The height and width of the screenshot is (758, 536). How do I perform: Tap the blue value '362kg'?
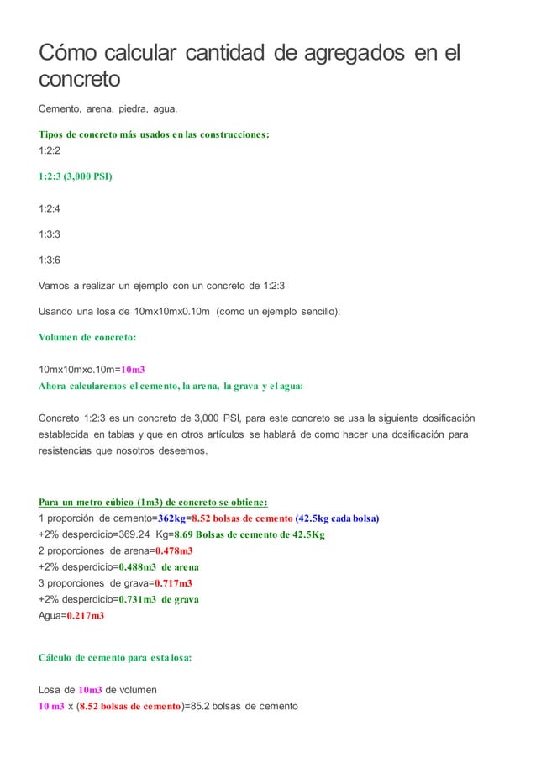point(175,518)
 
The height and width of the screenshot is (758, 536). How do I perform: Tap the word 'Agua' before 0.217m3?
point(50,616)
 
